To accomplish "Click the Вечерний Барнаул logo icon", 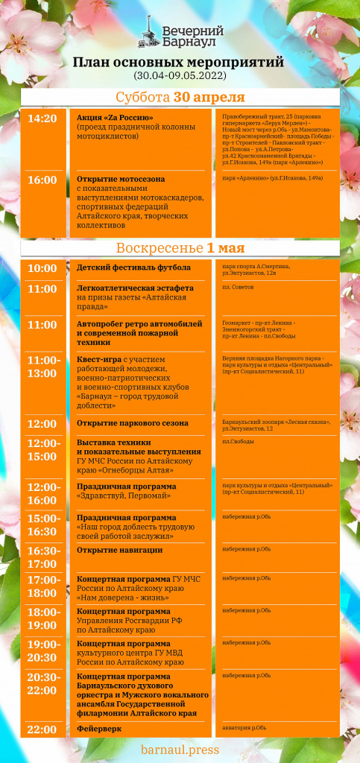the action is tap(151, 31).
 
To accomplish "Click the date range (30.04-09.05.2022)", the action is tap(180, 76).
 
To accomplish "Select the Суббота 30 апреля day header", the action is tap(180, 98).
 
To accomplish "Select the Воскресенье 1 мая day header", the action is tap(180, 247).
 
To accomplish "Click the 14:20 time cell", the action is tap(42, 118).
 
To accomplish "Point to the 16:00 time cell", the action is tap(42, 180).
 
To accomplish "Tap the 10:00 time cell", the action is tap(42, 268).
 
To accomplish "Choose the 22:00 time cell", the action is tap(42, 729).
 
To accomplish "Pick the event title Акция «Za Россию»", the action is tap(115, 118).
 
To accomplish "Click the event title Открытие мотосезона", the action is tap(121, 179).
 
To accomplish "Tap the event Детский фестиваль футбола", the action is tap(133, 267).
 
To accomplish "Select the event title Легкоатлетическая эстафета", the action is tap(135, 288).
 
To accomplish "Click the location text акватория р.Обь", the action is tap(244, 727).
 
